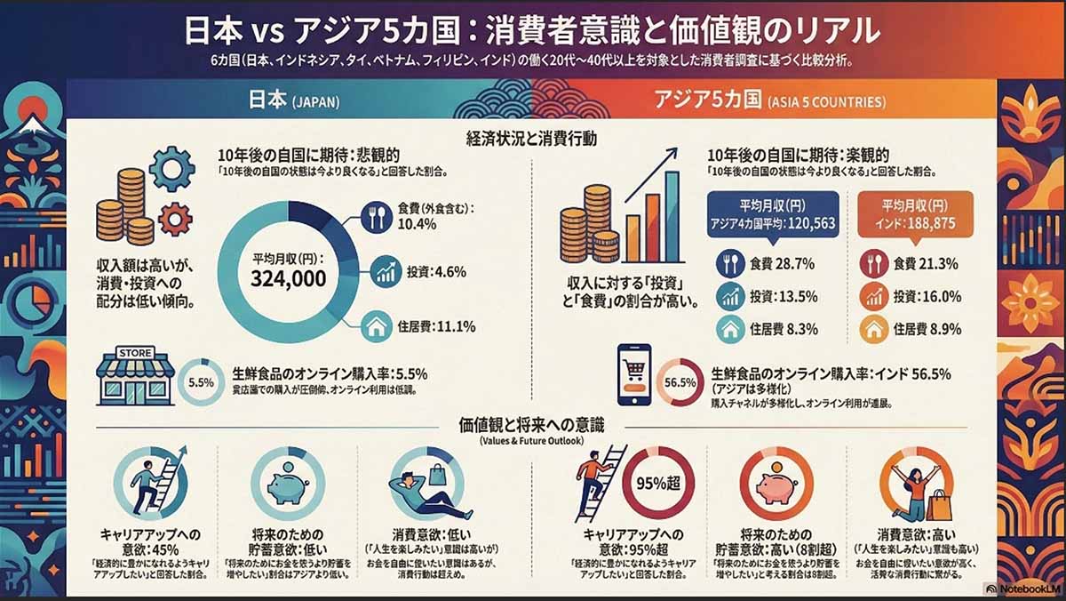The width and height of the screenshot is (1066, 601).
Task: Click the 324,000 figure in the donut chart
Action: tap(288, 279)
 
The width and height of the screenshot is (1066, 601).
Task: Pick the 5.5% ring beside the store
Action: tap(202, 383)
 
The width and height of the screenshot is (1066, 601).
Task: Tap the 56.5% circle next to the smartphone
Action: tap(680, 382)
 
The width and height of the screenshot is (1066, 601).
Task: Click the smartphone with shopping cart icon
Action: tap(633, 374)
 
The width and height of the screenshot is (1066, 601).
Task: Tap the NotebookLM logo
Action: tap(1022, 589)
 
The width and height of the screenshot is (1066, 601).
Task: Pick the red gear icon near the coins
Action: tap(174, 216)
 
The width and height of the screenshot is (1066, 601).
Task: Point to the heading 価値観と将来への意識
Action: tap(531, 424)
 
